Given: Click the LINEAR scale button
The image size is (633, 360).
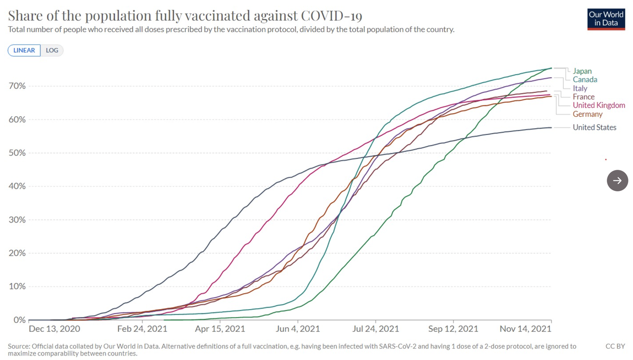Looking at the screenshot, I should [24, 50].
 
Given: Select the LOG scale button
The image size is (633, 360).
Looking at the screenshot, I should [52, 50].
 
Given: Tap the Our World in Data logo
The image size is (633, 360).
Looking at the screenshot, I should [606, 19].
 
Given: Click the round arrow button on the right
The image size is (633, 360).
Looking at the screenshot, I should [617, 180].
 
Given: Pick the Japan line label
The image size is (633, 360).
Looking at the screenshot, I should [582, 71].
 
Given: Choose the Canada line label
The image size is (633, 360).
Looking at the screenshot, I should [585, 80].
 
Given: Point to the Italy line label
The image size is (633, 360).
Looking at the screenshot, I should [580, 89].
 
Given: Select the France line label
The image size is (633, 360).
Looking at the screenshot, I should [584, 97].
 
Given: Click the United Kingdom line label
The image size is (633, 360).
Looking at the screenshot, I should [599, 105].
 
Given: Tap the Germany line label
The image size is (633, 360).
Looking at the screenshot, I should [588, 114].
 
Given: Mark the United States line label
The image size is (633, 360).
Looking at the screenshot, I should [594, 128].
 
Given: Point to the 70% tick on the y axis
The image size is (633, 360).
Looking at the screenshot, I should [17, 86].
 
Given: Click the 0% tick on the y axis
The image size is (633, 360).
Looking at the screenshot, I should [19, 320].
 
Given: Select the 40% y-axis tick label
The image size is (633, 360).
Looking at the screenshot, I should [17, 186].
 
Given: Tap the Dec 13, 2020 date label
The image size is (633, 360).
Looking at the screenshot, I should [54, 329].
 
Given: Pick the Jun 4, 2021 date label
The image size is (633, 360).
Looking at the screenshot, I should [298, 329].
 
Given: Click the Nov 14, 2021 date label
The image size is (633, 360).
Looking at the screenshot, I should [525, 329].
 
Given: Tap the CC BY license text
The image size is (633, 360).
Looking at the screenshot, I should [615, 347].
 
